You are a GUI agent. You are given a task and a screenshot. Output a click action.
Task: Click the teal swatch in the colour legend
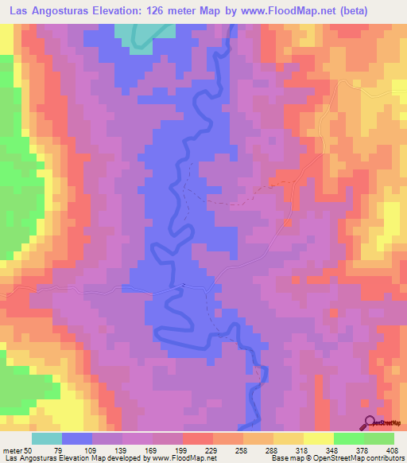point(47,438)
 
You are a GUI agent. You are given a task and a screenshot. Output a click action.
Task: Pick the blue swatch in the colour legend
point(77,438)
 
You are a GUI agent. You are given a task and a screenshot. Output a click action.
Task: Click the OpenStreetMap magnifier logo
point(369,422)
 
